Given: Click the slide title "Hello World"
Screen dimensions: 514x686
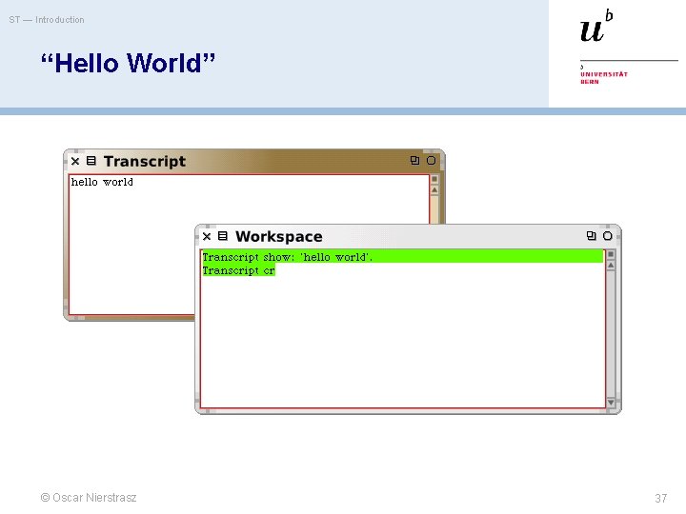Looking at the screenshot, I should (129, 64).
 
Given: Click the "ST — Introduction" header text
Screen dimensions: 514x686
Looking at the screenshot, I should (47, 20).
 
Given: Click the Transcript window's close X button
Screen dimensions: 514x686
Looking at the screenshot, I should (75, 162).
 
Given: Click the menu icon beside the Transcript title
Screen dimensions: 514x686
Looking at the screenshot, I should (91, 162).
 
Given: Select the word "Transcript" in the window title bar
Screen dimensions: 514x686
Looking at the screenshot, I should (145, 162).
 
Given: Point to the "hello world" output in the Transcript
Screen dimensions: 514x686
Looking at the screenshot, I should (102, 182).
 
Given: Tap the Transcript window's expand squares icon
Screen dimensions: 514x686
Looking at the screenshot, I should (414, 161).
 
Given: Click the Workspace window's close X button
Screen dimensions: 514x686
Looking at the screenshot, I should (206, 236).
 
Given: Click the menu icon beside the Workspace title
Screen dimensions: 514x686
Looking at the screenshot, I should (223, 236).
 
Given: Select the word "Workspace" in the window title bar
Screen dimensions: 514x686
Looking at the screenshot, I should (279, 237).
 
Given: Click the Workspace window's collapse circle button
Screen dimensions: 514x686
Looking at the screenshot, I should (608, 236).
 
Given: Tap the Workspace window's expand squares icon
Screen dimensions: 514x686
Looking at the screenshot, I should (591, 236).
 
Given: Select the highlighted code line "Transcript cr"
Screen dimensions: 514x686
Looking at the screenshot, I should (238, 270).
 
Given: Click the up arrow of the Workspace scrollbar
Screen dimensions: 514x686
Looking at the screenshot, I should (612, 266).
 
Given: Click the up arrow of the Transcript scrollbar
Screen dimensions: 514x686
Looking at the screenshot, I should (434, 189).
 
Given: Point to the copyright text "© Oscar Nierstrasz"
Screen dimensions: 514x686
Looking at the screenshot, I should (89, 498).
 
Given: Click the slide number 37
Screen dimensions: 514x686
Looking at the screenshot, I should (660, 499).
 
